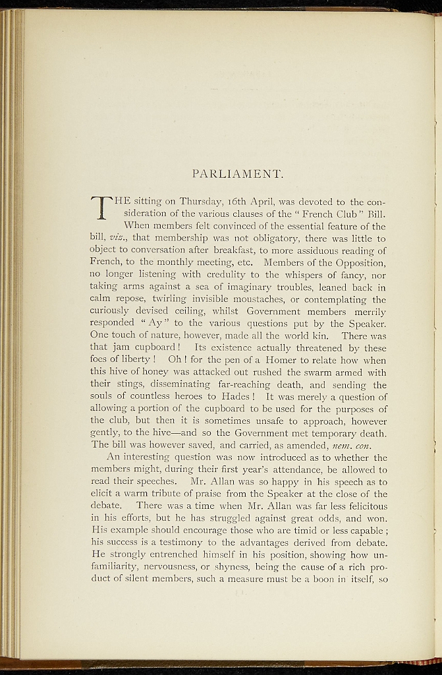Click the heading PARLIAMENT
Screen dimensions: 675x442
(x=238, y=175)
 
